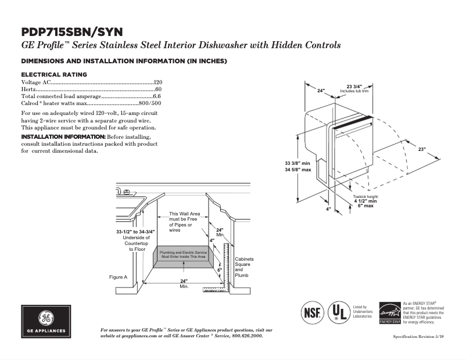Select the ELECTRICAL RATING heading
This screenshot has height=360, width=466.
pos(54,74)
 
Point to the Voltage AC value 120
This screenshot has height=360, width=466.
pos(157,82)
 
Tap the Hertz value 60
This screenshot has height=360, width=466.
pos(159,89)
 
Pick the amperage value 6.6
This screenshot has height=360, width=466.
pos(157,96)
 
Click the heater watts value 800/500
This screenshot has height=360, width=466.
pos(150,103)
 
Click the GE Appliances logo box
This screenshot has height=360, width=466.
pos(46,321)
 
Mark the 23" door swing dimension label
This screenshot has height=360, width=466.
pos(422,149)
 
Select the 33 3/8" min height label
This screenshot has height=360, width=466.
pos(297,163)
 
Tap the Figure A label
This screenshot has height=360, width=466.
pos(118,277)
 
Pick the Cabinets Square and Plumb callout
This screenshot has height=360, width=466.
pos(244,267)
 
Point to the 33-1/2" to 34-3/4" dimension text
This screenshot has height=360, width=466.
pos(131,232)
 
